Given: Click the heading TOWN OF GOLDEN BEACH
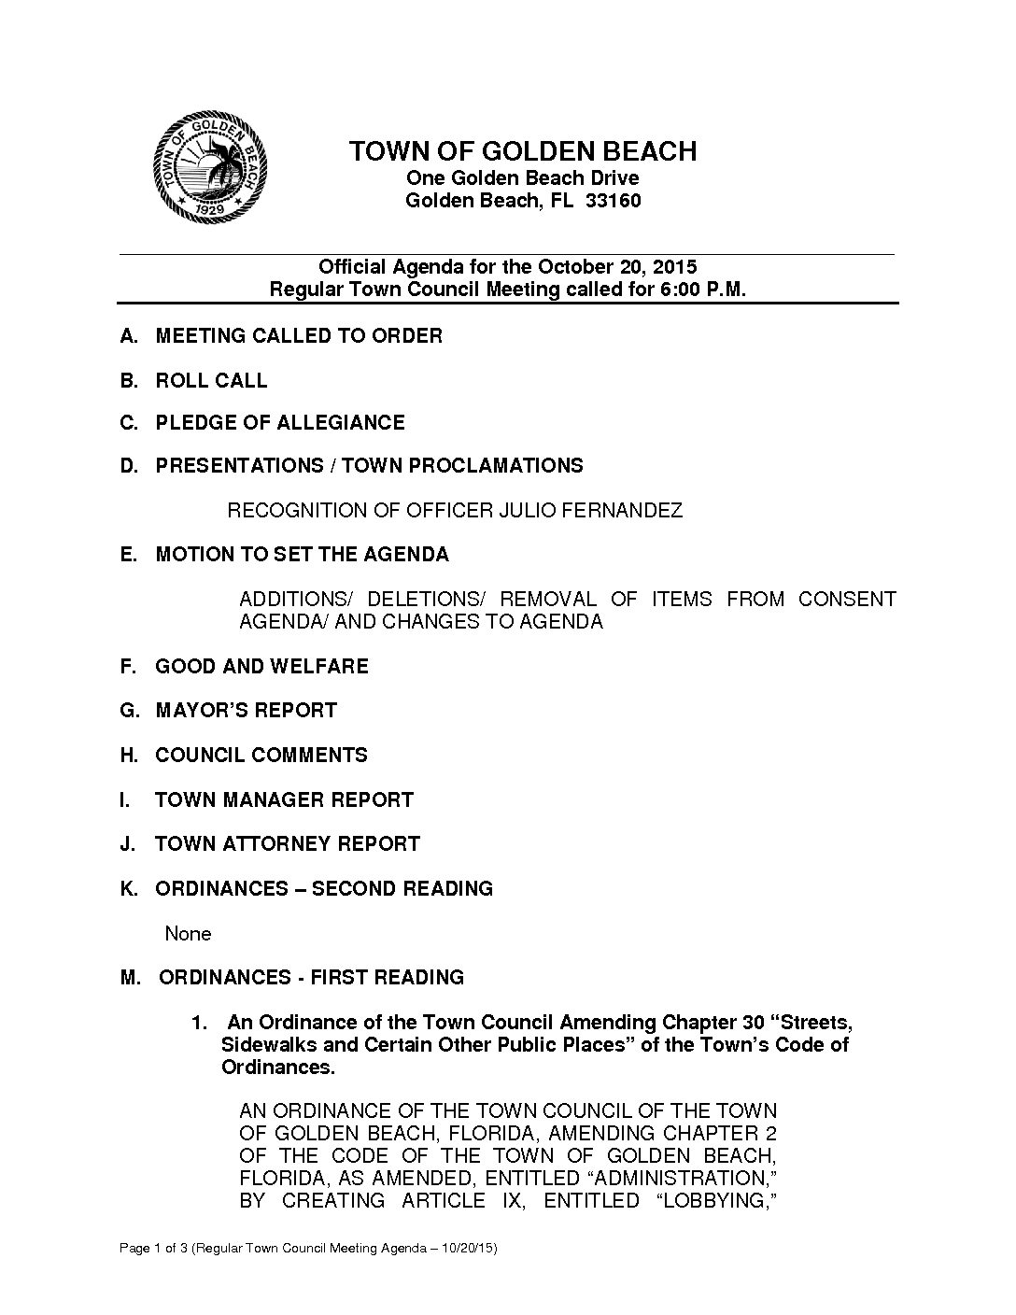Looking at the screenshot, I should pyautogui.click(x=522, y=151).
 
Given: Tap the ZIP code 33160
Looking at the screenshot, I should pyautogui.click(x=613, y=201).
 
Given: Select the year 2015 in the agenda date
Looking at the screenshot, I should pyautogui.click(x=675, y=268).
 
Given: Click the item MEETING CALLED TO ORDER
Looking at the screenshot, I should pyautogui.click(x=299, y=336).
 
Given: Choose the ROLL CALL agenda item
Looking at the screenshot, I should pyautogui.click(x=211, y=381).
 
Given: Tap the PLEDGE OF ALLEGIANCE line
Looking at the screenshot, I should pyautogui.click(x=280, y=423).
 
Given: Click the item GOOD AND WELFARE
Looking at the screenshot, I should pyautogui.click(x=261, y=667).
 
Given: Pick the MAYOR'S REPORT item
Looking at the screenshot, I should pyautogui.click(x=246, y=711).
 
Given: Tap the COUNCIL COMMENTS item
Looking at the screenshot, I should pyautogui.click(x=261, y=756).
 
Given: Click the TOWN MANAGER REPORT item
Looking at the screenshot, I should pyautogui.click(x=284, y=800).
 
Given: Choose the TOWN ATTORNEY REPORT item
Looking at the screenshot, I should pyautogui.click(x=288, y=844).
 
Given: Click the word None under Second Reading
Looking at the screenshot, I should pyautogui.click(x=188, y=934).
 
